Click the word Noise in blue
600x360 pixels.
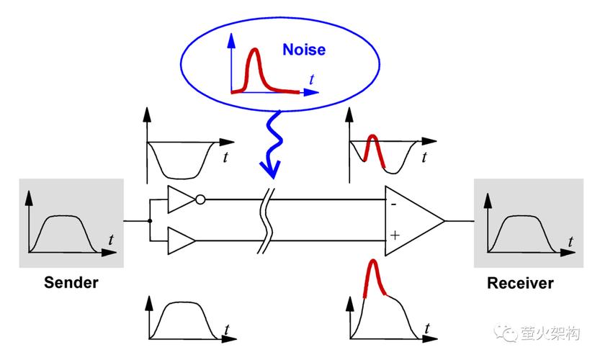(x=304, y=50)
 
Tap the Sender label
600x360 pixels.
(x=71, y=283)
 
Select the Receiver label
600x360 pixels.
(x=520, y=283)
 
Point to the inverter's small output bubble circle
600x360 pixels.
(x=200, y=199)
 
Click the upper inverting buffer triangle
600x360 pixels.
(x=182, y=199)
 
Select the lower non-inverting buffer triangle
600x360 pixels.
(x=182, y=240)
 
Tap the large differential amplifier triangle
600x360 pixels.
(x=415, y=221)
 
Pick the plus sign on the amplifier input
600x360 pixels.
(x=395, y=235)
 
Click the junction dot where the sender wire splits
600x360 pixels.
(x=150, y=221)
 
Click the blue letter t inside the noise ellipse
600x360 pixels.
(x=311, y=80)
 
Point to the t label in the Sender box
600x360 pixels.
(x=111, y=240)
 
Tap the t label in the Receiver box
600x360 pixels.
(x=570, y=242)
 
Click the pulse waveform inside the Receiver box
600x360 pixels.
(x=522, y=234)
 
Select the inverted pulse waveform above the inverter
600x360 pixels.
(x=180, y=161)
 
